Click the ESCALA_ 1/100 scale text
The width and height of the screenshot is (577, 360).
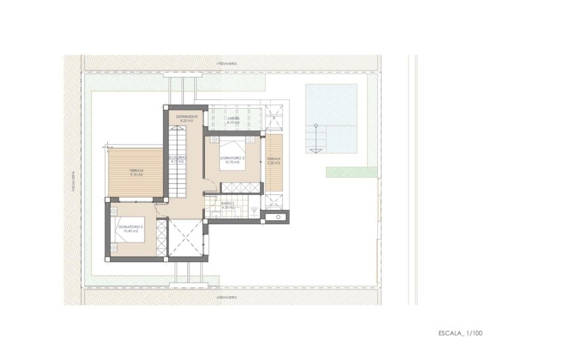(460, 334)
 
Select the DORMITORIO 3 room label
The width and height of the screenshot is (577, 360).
(129, 228)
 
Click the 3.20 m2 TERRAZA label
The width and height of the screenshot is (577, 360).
(274, 160)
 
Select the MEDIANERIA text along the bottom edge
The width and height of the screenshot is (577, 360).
(226, 298)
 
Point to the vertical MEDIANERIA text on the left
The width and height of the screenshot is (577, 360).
(73, 180)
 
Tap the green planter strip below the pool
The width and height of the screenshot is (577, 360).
(351, 172)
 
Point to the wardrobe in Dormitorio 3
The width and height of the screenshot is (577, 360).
(161, 237)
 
